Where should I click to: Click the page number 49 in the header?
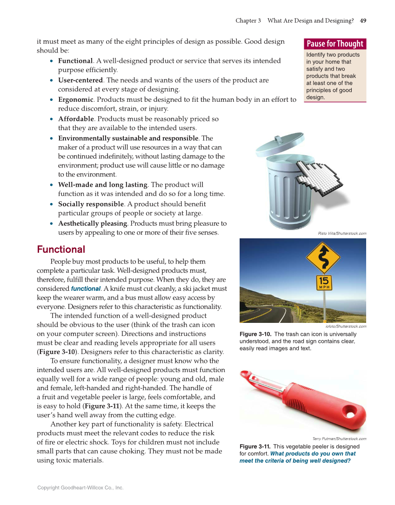363,20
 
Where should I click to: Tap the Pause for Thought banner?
335,44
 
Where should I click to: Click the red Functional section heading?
61,249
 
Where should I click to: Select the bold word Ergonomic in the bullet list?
75,99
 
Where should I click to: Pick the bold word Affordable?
75,119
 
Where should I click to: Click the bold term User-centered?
80,80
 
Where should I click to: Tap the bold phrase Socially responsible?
91,204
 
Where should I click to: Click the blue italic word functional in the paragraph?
86,289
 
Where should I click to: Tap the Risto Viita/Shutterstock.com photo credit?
342,233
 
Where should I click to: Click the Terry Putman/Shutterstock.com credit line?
339,439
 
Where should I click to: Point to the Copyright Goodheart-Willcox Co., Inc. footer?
80,488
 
